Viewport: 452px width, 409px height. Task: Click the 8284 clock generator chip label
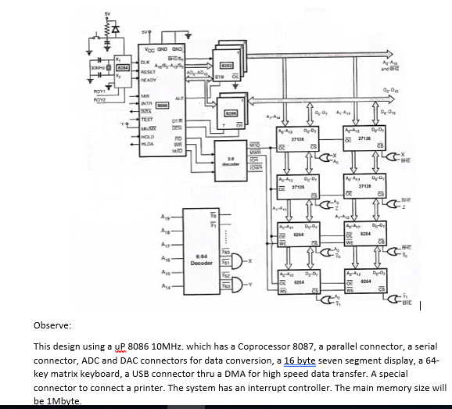[x=123, y=68]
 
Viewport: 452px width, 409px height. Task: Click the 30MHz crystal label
[x=98, y=68]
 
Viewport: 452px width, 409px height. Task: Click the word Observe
[x=52, y=323]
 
